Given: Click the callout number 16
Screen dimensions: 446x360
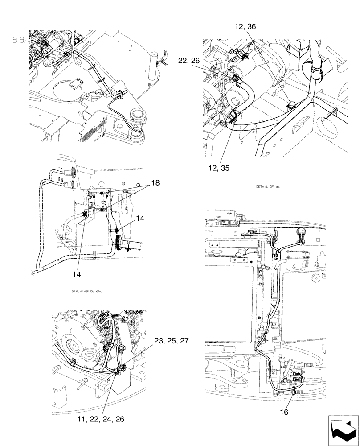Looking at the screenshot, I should point(284,412).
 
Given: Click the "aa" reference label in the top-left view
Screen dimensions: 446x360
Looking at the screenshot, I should point(18,40).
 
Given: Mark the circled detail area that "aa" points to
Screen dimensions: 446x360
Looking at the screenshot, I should point(65,54).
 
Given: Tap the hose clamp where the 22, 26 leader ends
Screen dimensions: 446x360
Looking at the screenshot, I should point(235,78).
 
